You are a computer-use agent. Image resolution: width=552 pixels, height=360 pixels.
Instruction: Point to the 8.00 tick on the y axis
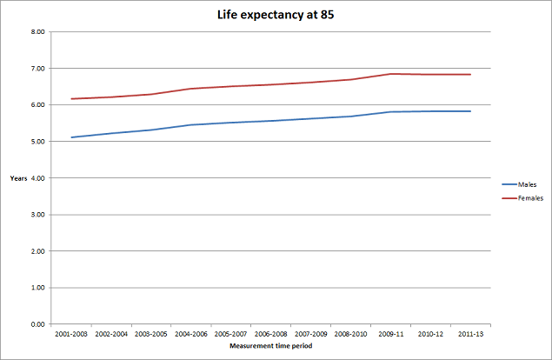coord(37,31)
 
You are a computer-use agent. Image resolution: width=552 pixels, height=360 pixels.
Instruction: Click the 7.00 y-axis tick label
coord(37,68)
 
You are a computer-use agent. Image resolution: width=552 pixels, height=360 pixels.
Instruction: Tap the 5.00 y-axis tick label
coord(37,141)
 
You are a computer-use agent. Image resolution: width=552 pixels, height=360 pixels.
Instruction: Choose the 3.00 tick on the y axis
coord(37,214)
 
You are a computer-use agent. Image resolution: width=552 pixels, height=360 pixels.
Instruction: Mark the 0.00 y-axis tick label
coord(37,323)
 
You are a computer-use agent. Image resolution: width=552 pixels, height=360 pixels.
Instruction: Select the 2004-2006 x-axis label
coord(190,333)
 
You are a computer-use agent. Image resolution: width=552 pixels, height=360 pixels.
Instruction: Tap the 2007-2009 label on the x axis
coord(310,333)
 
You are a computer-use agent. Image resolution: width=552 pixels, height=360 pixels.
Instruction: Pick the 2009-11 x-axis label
coord(390,333)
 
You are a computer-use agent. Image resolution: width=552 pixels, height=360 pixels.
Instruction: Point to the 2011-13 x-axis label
coord(470,333)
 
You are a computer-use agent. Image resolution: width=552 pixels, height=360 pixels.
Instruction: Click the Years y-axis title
coord(18,178)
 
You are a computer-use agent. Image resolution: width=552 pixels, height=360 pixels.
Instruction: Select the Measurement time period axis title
coord(270,346)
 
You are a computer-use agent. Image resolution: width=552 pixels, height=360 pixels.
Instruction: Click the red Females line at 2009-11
coord(390,74)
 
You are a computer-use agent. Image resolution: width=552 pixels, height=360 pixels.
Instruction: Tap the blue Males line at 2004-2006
coord(190,125)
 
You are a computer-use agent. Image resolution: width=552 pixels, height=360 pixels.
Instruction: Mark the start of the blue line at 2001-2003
coord(71,137)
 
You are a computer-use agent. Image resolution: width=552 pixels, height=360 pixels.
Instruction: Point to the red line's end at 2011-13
coord(470,75)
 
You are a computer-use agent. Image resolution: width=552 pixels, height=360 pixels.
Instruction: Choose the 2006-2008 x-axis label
coord(270,333)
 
